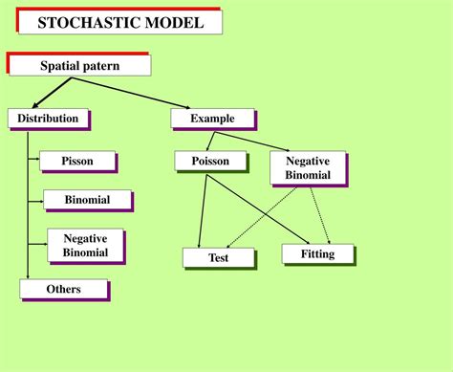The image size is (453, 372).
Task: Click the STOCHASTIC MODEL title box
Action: (119, 20)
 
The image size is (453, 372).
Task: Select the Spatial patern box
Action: (79, 65)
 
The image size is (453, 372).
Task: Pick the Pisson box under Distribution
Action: (77, 162)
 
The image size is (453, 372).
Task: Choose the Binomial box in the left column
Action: (87, 200)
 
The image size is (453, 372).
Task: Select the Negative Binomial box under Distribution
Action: (85, 246)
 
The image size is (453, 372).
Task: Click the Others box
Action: (63, 289)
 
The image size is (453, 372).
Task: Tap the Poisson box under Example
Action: (210, 161)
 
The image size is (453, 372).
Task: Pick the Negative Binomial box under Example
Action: (308, 168)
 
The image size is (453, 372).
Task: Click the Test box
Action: (218, 257)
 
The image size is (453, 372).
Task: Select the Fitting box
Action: (317, 253)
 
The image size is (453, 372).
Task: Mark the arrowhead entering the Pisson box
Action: (36, 162)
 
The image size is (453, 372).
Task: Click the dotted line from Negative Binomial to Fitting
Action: (322, 215)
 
